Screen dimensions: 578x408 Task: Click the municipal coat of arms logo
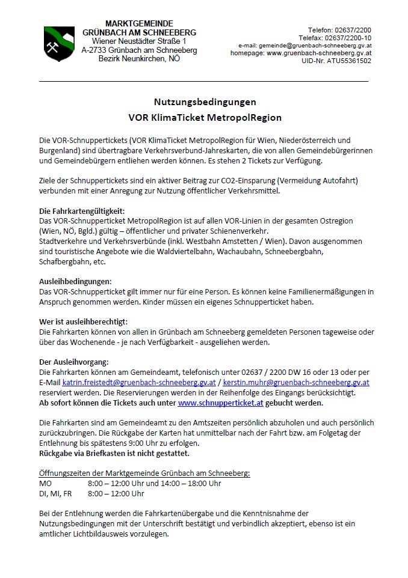point(59,43)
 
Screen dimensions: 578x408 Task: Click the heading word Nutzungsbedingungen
point(205,102)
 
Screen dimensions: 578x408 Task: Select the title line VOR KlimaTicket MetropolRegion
point(205,117)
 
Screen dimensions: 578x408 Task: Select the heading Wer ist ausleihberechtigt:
point(83,322)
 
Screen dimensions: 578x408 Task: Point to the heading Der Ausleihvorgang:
point(73,362)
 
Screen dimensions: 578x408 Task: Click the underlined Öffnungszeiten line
point(144,473)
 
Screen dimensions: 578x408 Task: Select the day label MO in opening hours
point(46,484)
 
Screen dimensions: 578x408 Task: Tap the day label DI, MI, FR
point(55,494)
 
